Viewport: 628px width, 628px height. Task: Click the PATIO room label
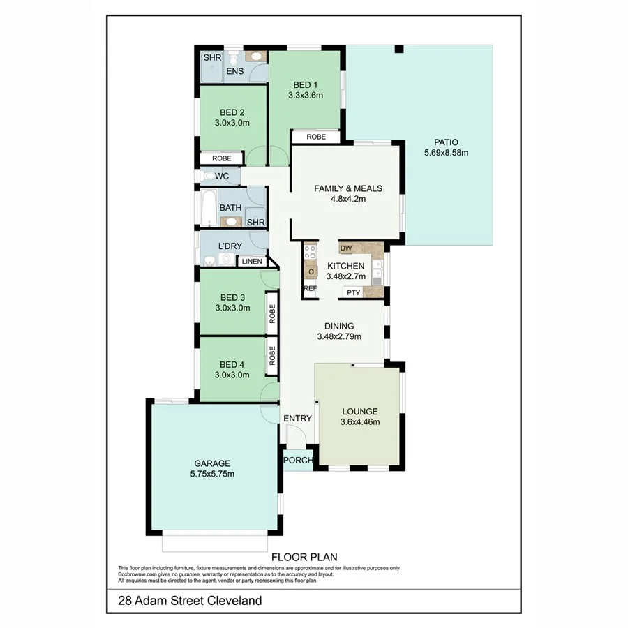tap(445, 140)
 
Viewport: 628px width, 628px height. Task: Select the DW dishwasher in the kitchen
tap(345, 248)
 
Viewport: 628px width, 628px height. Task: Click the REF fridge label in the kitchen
tap(310, 288)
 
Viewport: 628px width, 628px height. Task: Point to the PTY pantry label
tap(353, 292)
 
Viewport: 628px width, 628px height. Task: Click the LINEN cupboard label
tap(252, 262)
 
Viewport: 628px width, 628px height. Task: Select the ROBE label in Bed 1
tap(315, 137)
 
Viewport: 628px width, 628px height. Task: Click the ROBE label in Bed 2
tap(221, 158)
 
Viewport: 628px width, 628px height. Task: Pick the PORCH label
tap(298, 460)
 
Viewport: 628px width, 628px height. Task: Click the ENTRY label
tap(297, 418)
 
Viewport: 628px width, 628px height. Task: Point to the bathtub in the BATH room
tap(208, 208)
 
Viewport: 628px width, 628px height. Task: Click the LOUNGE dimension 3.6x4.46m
tap(359, 421)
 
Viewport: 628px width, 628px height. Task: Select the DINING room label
tap(338, 326)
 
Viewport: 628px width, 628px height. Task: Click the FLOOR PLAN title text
tap(304, 556)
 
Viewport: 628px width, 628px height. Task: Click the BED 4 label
tap(232, 364)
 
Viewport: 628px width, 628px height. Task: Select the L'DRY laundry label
tap(230, 246)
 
